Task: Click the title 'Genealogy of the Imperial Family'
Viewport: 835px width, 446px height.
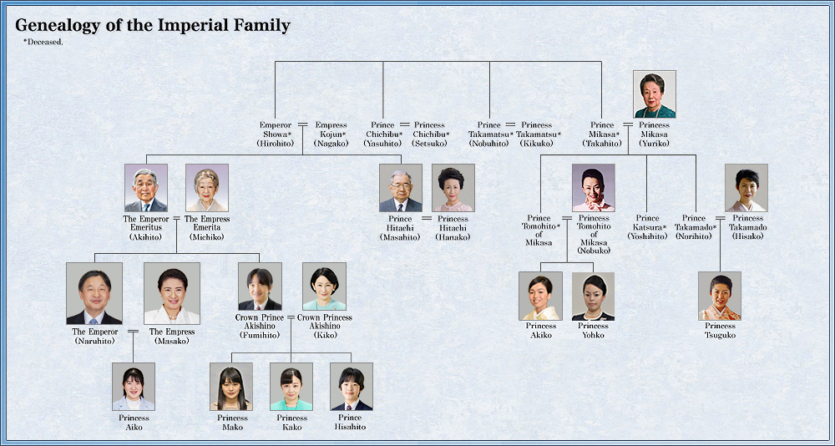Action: point(152,25)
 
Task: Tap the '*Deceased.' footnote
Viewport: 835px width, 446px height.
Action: point(43,42)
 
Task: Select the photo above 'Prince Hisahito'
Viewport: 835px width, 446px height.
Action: point(352,387)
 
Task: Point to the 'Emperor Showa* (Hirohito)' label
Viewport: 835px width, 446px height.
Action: point(276,134)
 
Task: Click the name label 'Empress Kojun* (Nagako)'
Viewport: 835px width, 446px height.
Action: point(331,134)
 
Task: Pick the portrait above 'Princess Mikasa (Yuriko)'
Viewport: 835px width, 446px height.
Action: point(655,94)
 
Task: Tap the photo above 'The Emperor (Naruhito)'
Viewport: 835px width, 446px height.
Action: point(94,293)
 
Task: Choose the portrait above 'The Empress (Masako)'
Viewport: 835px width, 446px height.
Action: point(172,293)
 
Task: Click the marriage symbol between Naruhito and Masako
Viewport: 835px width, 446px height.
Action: point(133,332)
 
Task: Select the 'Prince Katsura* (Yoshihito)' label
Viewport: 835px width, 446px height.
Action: point(647,227)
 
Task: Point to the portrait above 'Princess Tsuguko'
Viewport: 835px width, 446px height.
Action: point(720,296)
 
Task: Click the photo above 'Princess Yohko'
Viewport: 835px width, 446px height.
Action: point(593,296)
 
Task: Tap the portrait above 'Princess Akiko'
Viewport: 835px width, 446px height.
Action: point(540,296)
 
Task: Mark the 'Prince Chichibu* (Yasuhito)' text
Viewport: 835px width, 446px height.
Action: point(383,134)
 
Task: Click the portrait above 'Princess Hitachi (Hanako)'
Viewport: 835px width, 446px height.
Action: point(453,188)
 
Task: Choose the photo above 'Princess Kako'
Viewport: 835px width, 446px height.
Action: point(291,387)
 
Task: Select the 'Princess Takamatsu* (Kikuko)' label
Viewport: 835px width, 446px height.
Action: point(538,134)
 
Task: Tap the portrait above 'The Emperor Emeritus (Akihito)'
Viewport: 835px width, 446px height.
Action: point(146,188)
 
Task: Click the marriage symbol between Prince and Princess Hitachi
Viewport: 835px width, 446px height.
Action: point(427,219)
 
